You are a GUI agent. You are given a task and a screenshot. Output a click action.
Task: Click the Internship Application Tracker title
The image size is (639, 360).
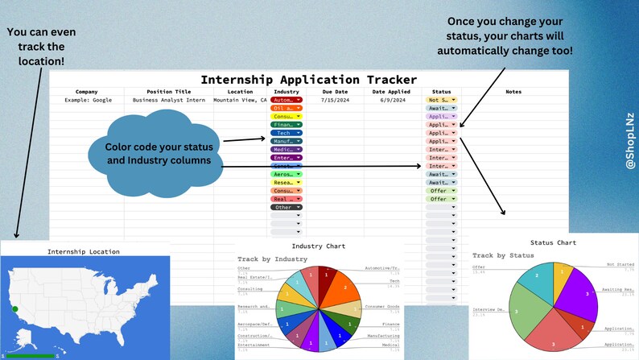[308, 80]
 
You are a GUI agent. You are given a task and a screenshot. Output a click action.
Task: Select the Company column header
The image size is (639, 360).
[87, 92]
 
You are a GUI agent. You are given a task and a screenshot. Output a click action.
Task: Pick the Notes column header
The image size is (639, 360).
[513, 92]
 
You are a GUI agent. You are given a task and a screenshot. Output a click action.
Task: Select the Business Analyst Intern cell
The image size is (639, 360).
[171, 100]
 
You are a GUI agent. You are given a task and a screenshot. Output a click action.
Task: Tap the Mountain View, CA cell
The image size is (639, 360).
[240, 100]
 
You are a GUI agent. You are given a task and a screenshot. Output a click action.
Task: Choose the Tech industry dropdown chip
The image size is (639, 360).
[286, 133]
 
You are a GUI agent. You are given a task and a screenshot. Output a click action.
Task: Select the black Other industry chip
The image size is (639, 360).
[286, 207]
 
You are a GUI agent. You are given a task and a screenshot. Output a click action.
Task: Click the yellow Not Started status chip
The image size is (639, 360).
[441, 100]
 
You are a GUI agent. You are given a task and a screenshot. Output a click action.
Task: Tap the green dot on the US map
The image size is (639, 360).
[15, 308]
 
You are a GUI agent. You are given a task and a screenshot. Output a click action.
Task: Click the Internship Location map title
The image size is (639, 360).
[84, 251]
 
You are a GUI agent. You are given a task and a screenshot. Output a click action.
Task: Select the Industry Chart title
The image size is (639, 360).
[319, 246]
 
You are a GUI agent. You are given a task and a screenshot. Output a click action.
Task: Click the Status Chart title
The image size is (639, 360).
[553, 242]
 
